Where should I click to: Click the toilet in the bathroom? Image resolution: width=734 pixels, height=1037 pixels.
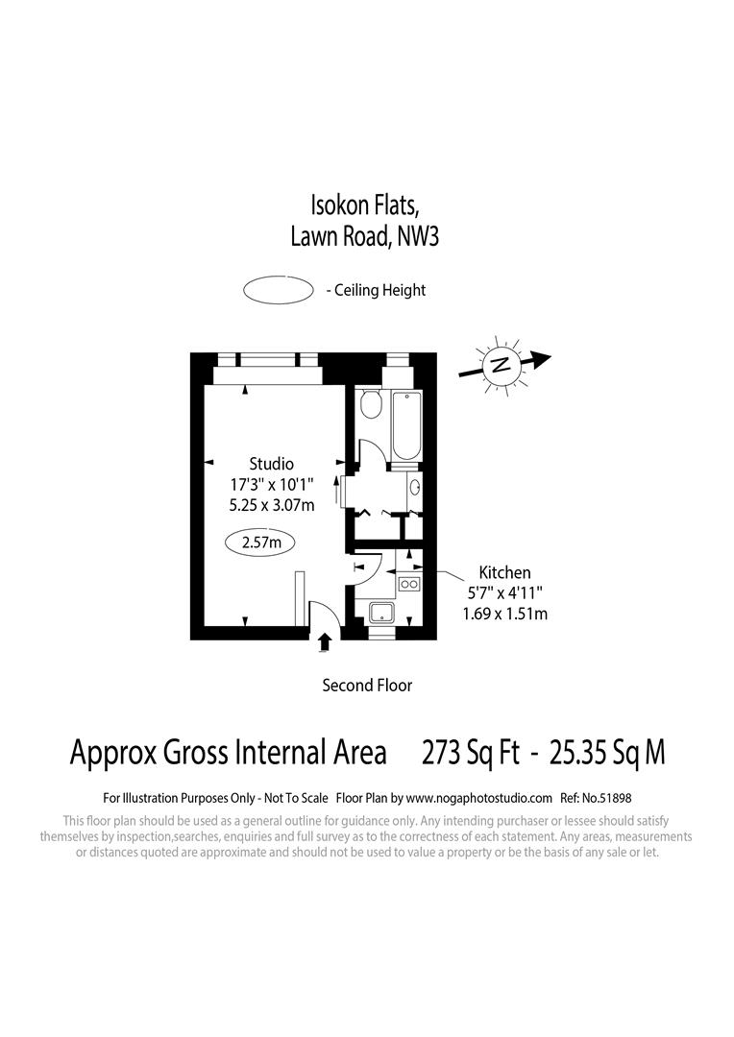370,406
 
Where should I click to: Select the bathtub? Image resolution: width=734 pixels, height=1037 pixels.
406,426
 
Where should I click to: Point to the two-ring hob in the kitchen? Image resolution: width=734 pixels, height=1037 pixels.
408,584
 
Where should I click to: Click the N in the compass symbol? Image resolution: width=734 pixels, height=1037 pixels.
500,365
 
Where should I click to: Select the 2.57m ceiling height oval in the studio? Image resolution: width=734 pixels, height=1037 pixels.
260,543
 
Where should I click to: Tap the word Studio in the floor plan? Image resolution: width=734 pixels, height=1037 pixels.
271,465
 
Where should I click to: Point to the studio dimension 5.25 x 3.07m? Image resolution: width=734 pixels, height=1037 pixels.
271,505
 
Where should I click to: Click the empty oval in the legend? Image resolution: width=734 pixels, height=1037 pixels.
279,290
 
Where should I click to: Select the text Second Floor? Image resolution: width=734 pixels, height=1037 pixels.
367,686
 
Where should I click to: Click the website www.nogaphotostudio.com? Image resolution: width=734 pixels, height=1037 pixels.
479,798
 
